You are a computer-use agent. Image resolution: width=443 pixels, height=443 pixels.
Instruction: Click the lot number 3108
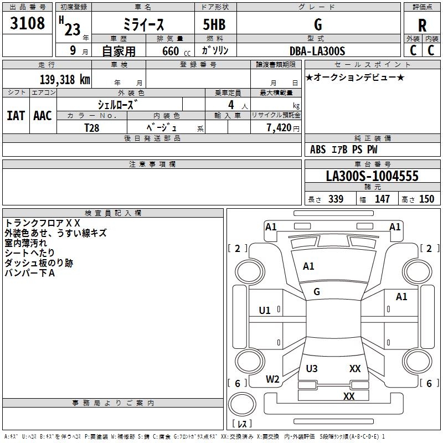27,23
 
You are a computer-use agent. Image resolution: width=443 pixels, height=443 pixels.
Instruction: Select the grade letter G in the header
318,24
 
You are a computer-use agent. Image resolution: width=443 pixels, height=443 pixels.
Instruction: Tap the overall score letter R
422,25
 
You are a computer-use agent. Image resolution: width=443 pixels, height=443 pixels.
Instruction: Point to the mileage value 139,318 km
65,80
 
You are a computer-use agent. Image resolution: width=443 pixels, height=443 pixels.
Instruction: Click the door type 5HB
214,24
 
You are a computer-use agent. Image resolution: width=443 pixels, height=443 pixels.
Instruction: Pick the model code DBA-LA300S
317,51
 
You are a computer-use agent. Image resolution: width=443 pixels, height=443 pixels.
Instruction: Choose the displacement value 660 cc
176,51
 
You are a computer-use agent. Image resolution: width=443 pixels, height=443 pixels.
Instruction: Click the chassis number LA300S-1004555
372,176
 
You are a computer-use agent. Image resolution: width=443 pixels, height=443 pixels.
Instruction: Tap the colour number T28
92,128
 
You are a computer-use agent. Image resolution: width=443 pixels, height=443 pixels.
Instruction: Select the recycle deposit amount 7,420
279,128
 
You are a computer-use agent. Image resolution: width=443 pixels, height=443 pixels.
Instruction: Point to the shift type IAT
16,116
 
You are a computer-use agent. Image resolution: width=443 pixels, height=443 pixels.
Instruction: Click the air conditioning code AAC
43,116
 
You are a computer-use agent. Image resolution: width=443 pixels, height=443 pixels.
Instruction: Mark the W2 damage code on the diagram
272,379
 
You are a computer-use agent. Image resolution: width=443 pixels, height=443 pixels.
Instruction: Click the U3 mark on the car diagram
312,368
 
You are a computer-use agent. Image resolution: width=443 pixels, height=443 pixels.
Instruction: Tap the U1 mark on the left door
265,311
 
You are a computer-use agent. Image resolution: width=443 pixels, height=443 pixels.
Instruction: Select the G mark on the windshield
317,292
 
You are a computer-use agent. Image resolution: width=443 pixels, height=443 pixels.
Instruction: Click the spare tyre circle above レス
242,404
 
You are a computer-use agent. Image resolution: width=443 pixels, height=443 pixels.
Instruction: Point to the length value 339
336,199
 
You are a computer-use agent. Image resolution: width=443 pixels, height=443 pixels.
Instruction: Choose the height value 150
426,199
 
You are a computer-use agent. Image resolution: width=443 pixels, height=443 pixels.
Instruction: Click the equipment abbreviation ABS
318,150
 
